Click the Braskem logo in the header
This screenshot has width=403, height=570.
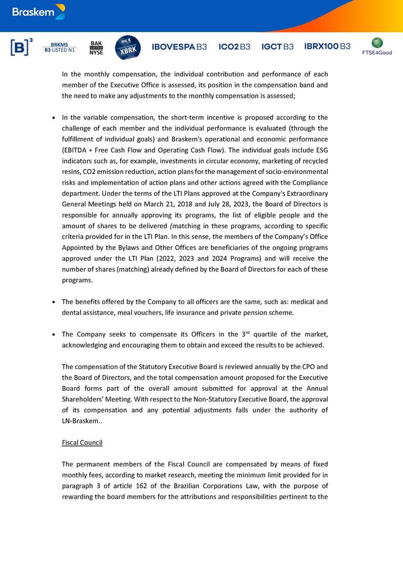coord(38,12)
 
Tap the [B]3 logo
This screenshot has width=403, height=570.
coord(22,47)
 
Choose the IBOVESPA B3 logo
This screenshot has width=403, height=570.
coord(179,47)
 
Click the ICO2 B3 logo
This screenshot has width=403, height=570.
coord(234,47)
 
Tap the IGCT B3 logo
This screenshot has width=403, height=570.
coord(277,47)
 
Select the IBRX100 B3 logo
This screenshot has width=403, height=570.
coord(327,46)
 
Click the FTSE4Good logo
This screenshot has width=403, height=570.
coord(377,46)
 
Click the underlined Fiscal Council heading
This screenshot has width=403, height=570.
coord(82,443)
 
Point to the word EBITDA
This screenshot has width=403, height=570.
coord(75,150)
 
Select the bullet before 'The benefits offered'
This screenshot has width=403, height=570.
coord(54,302)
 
